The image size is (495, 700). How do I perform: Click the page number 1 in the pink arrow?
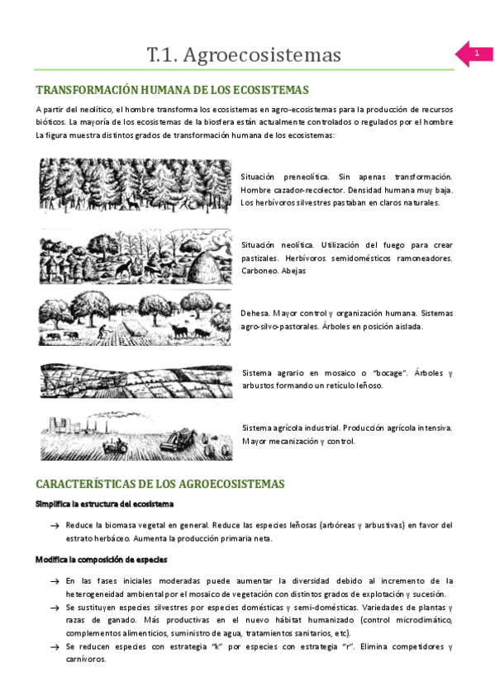click(x=477, y=54)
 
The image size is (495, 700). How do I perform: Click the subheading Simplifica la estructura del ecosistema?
click(x=103, y=504)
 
